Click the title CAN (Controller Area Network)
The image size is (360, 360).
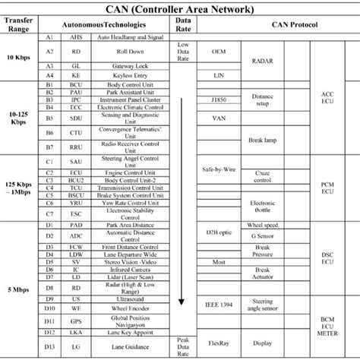tap(180, 9)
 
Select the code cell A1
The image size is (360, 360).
tap(49, 36)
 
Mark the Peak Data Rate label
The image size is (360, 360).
tap(182, 344)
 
